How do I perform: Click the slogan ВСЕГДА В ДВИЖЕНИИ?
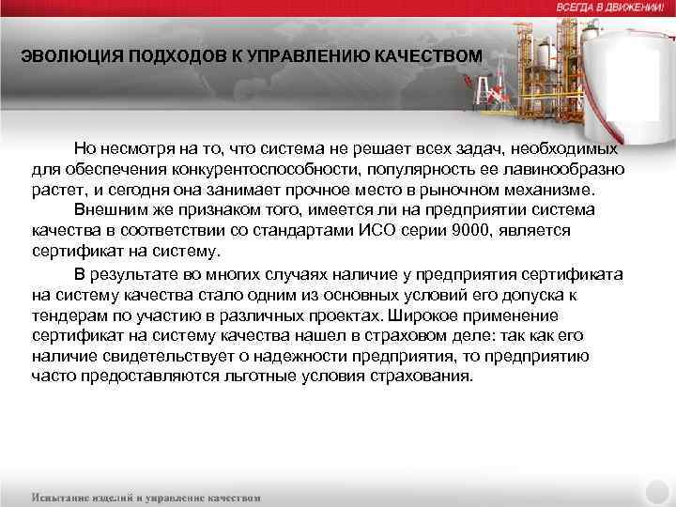coord(609,7)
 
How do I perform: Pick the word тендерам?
coord(64,316)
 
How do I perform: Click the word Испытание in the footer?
coord(63,497)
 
